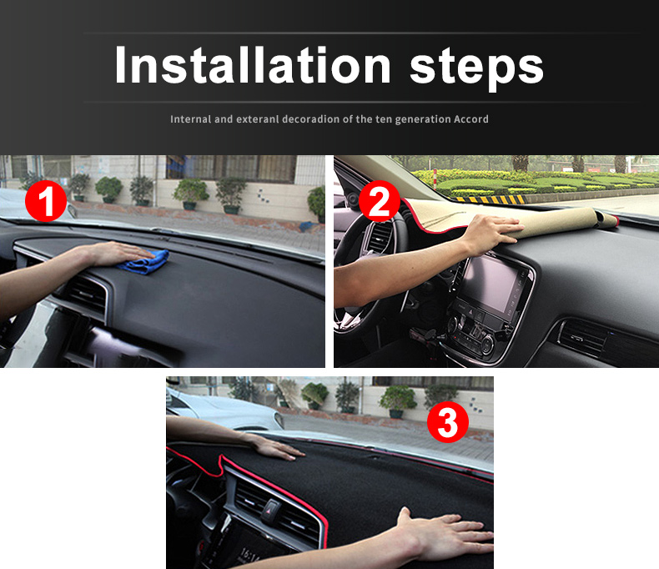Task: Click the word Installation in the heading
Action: pos(253,65)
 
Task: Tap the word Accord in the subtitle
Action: pos(470,119)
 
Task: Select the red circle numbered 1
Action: pos(46,201)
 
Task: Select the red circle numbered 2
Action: pos(379,201)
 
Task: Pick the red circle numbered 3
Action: pos(448,422)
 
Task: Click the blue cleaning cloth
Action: pos(144,261)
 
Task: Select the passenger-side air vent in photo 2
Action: pos(583,336)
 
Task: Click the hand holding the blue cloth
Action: pos(118,254)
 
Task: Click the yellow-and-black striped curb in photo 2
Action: pos(487,199)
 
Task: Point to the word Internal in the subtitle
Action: pos(191,119)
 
